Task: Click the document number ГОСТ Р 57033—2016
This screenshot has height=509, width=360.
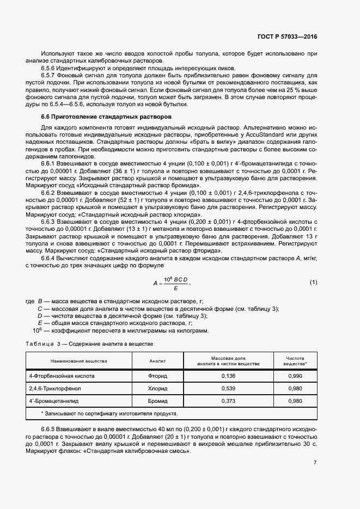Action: [x=286, y=36]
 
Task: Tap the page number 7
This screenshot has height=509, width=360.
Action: [x=315, y=463]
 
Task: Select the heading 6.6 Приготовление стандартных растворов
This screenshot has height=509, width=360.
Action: [x=107, y=117]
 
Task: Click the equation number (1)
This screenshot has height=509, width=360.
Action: [x=313, y=282]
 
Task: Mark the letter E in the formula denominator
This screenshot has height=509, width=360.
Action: [x=175, y=287]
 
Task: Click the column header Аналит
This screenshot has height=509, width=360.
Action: [x=157, y=361]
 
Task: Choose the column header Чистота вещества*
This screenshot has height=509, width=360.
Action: [x=297, y=361]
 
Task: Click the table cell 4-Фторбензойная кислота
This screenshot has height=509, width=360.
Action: [x=62, y=376]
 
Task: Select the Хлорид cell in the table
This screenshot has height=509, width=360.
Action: [x=157, y=389]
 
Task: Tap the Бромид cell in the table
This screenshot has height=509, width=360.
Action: [x=157, y=401]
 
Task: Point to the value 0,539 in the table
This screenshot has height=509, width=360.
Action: [x=229, y=389]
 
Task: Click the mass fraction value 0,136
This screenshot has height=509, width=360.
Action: [x=229, y=376]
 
